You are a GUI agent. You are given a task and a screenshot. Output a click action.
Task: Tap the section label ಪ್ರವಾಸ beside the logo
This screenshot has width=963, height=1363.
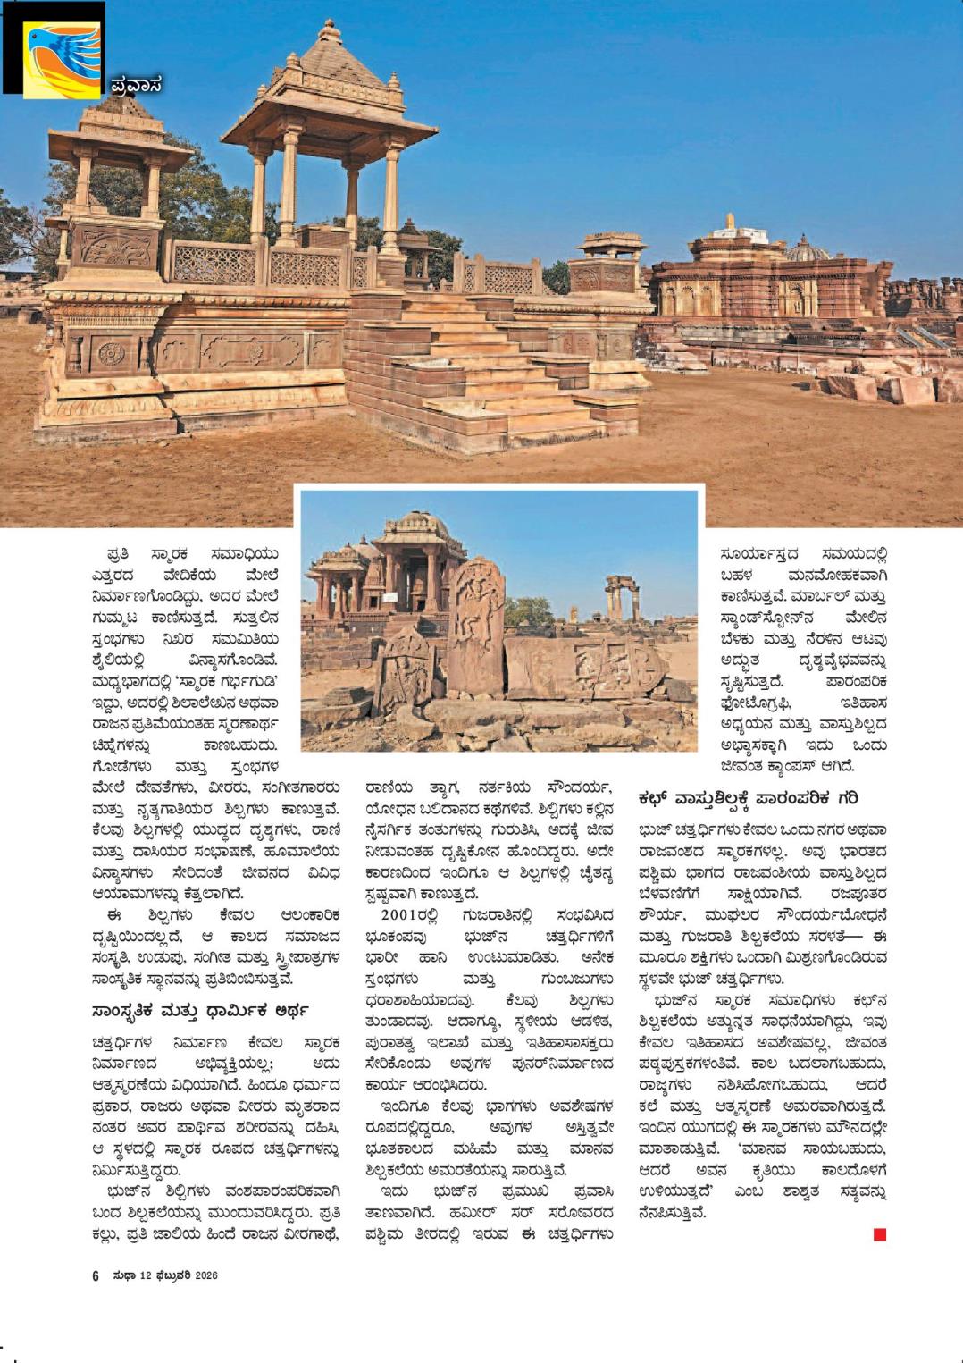137,86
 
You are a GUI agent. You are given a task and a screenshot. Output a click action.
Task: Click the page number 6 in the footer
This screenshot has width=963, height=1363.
96,1275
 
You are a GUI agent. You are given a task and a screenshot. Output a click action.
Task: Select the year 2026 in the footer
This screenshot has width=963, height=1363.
206,1275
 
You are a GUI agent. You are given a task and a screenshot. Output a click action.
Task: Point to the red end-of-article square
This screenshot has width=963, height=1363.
880,1234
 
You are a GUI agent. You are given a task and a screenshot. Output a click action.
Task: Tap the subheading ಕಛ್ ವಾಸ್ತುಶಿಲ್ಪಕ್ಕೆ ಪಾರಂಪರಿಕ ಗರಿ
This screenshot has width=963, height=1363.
747,797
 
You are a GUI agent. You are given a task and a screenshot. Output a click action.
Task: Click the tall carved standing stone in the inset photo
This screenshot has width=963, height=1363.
476,626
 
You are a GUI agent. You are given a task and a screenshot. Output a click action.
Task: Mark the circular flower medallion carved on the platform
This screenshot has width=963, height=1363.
111,353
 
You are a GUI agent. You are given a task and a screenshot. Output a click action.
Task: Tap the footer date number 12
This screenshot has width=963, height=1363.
146,1275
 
